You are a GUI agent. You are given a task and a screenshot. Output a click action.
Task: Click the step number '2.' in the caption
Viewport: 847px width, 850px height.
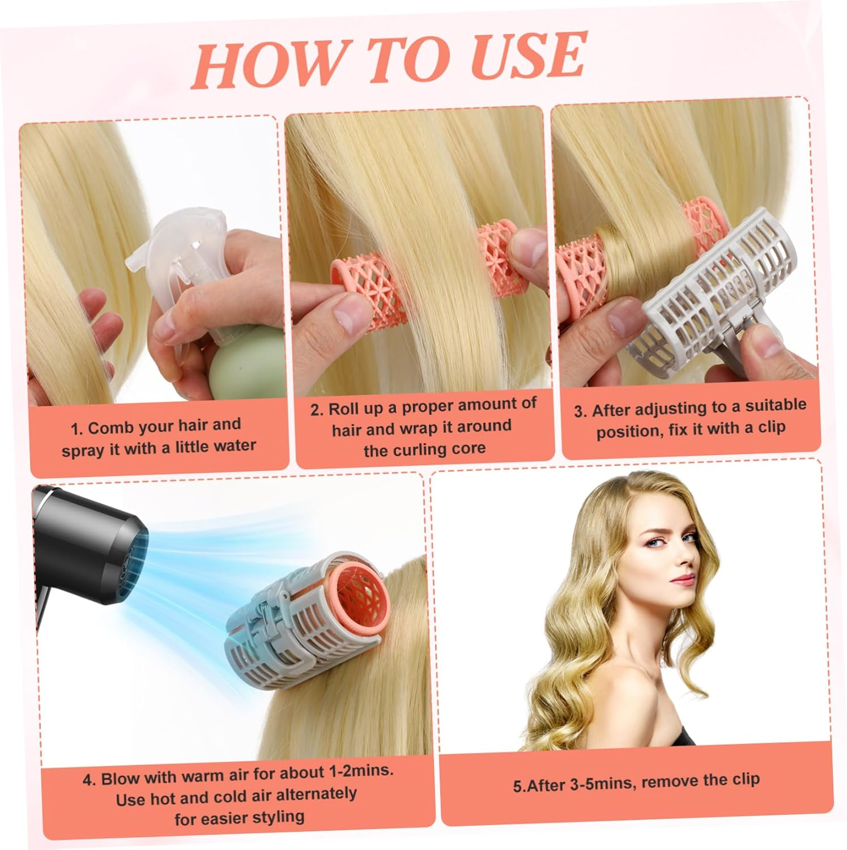coord(317,410)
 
